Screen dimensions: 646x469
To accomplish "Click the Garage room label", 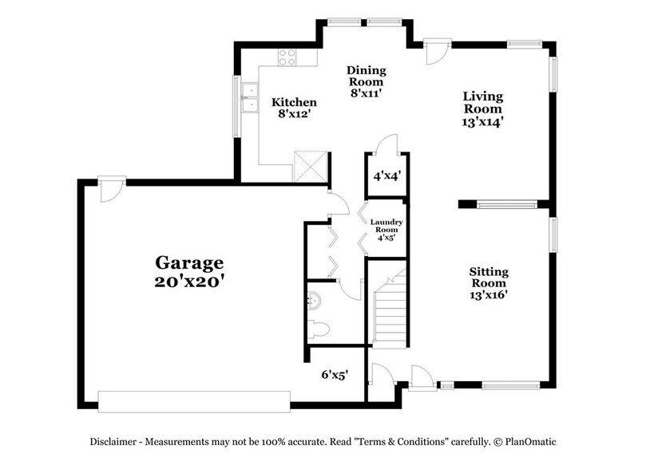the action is pyautogui.click(x=189, y=263).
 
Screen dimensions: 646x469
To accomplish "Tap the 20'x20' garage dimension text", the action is pyautogui.click(x=189, y=282).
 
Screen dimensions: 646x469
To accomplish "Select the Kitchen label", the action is pyautogui.click(x=294, y=102).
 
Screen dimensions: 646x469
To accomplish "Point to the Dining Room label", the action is pyautogui.click(x=367, y=76).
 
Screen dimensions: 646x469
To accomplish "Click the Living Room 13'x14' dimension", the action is pyautogui.click(x=483, y=122).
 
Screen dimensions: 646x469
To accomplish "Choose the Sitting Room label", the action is pyautogui.click(x=489, y=278).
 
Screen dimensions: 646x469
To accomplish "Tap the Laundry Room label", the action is pyautogui.click(x=386, y=226).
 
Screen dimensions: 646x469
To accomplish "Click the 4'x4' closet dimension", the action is pyautogui.click(x=387, y=176).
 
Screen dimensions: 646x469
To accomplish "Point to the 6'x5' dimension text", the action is pyautogui.click(x=335, y=374).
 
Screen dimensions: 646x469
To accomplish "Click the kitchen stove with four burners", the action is pyautogui.click(x=287, y=57).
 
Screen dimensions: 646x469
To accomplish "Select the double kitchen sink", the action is pyautogui.click(x=250, y=97).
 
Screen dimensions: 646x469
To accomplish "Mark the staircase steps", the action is pyautogui.click(x=390, y=310).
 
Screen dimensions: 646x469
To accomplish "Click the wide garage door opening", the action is pyautogui.click(x=194, y=401).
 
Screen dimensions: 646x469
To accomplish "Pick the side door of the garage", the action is pyautogui.click(x=112, y=189).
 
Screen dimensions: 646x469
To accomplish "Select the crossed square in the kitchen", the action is pyautogui.click(x=311, y=166).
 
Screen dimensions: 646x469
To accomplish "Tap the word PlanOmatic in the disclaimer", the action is pyautogui.click(x=531, y=442).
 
